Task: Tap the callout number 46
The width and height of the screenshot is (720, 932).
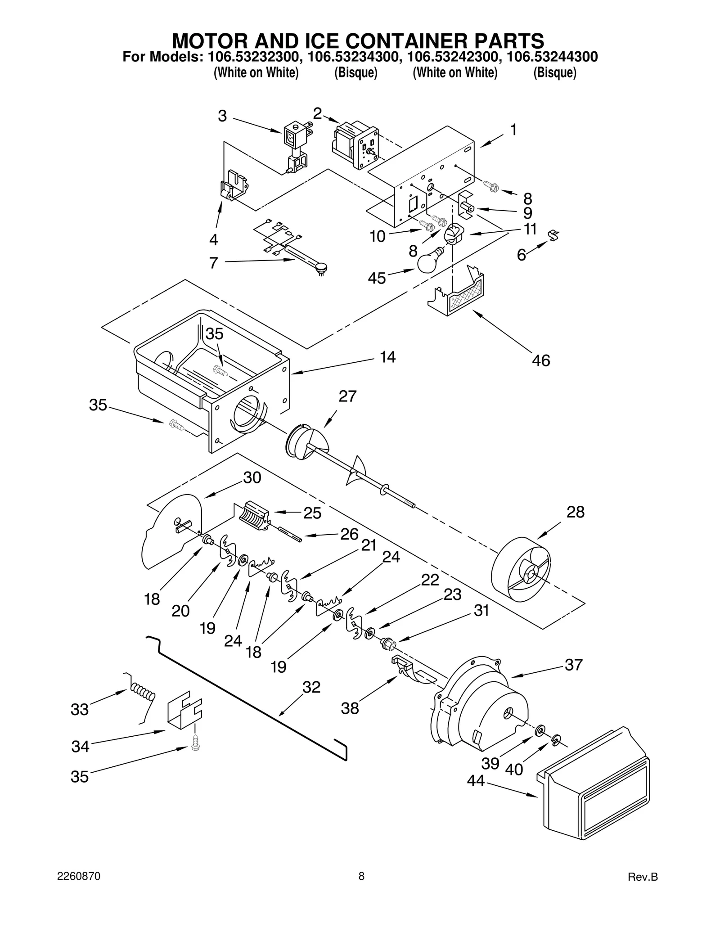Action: [x=540, y=360]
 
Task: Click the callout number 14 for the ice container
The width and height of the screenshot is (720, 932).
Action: [x=387, y=357]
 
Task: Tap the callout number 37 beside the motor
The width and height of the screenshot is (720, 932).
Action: [x=573, y=665]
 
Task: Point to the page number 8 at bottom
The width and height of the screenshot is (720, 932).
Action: [x=361, y=876]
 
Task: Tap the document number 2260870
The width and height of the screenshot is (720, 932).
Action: [x=79, y=876]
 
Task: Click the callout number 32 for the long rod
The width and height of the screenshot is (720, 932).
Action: [x=311, y=687]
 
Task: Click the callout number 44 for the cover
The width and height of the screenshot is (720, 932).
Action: [x=476, y=781]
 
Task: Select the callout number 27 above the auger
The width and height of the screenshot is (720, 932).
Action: [x=347, y=396]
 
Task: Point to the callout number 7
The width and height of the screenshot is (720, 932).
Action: [x=214, y=263]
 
